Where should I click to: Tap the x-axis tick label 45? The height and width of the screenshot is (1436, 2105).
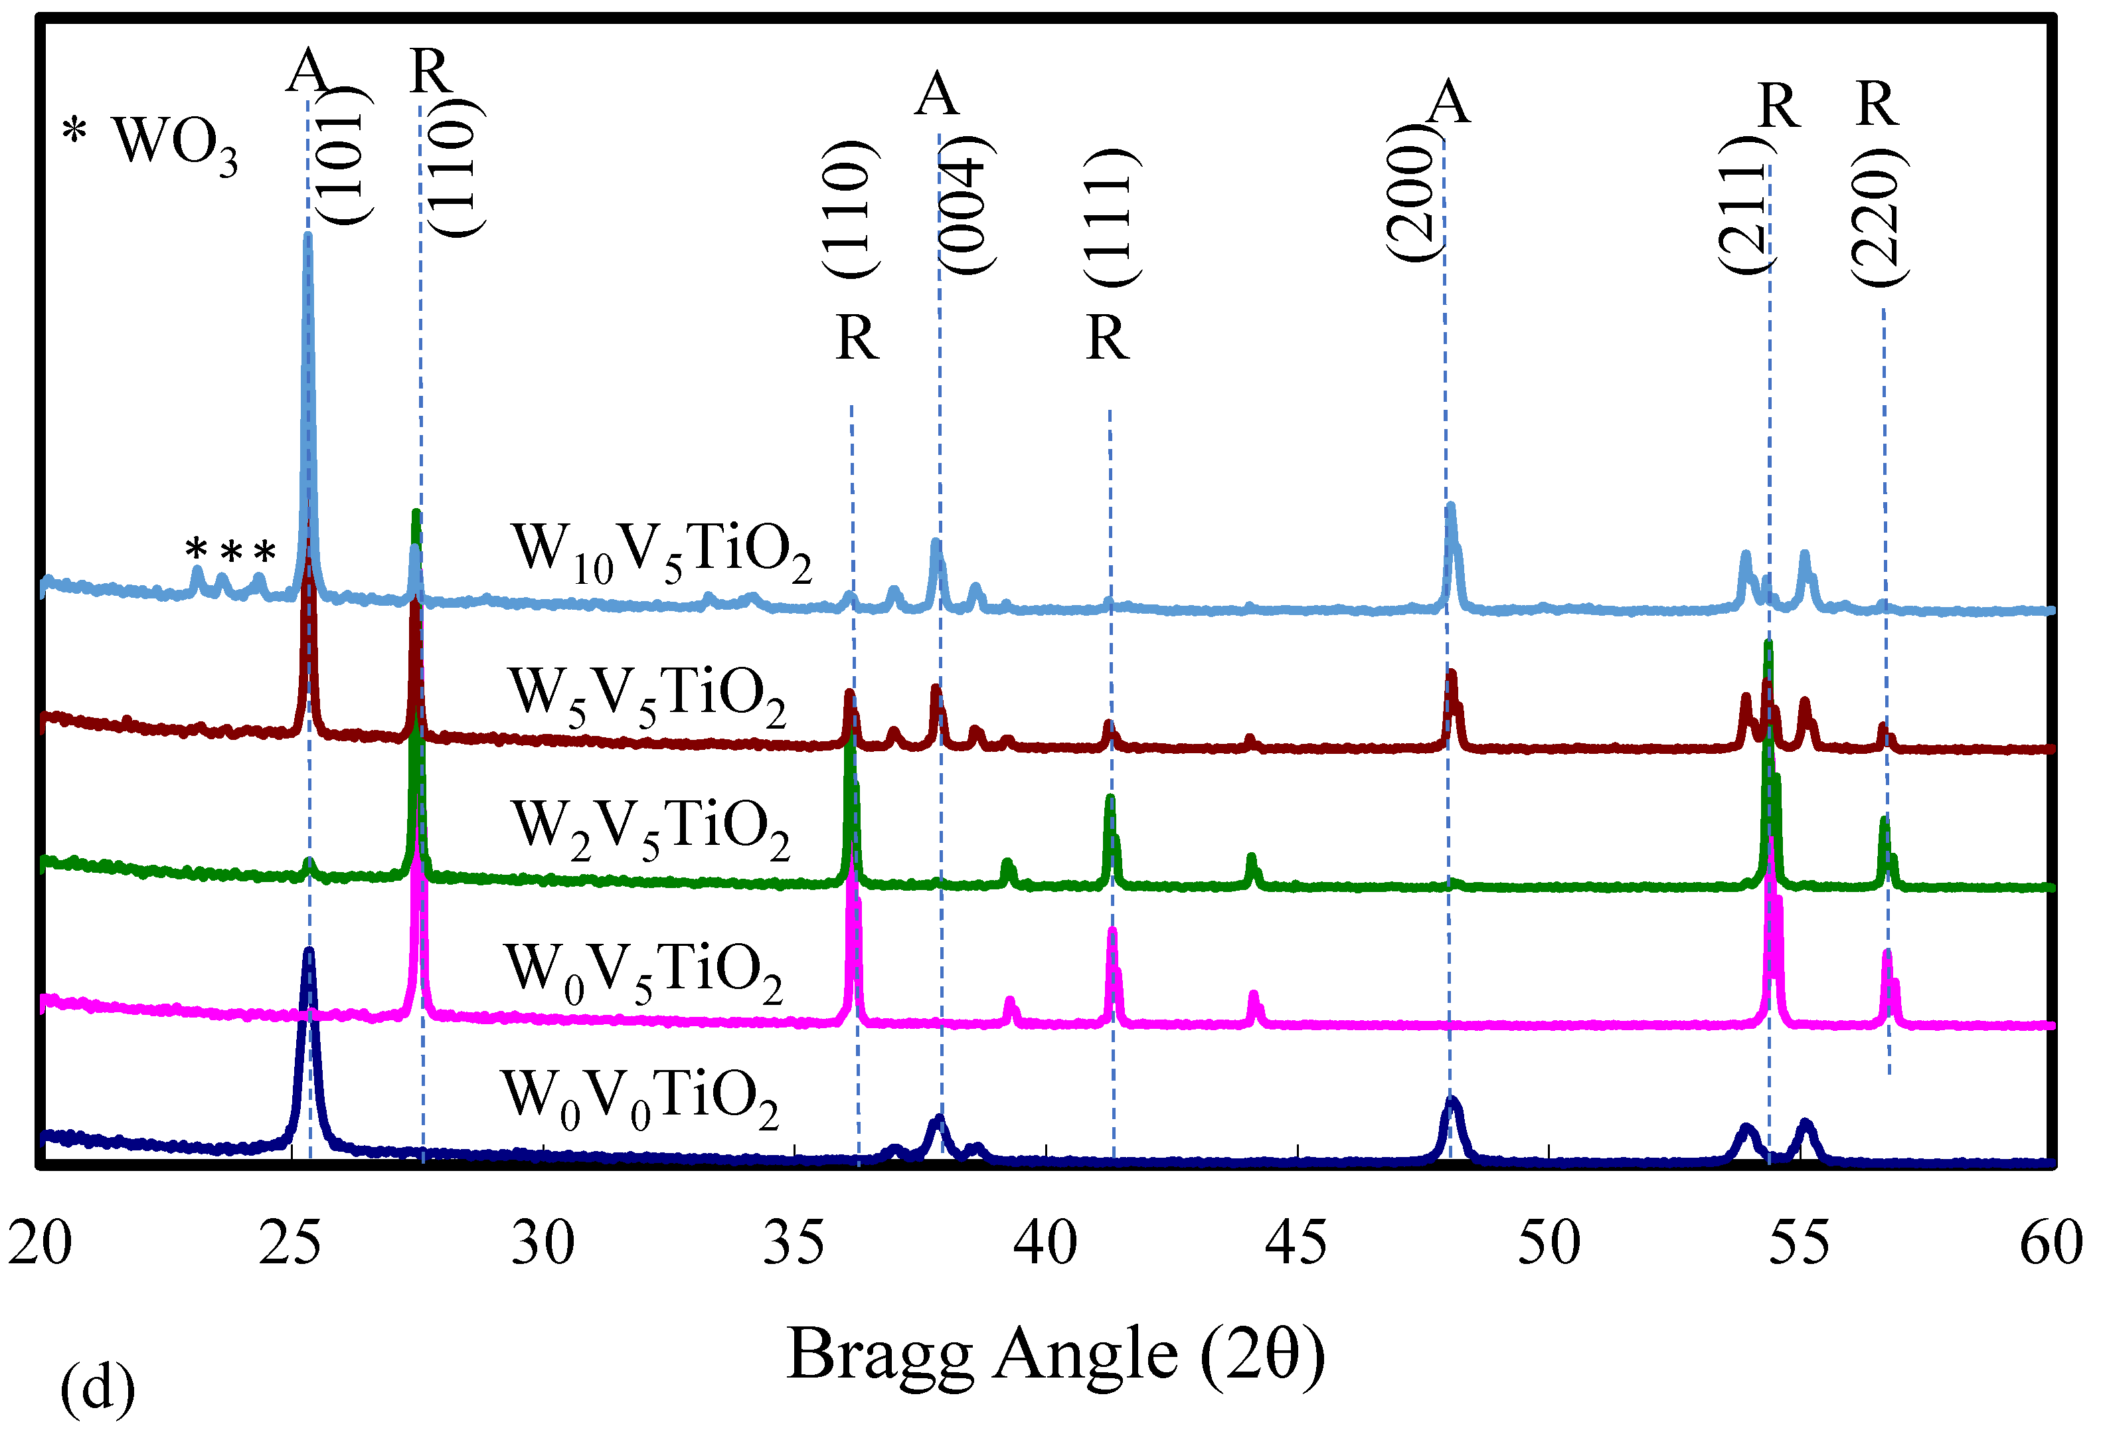[1296, 1243]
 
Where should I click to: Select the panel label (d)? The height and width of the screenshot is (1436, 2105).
[98, 1389]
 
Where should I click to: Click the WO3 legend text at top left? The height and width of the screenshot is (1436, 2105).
[174, 143]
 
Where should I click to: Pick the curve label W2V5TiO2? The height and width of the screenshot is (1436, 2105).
[650, 828]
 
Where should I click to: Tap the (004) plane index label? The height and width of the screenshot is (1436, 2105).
[966, 204]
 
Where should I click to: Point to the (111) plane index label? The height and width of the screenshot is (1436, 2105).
[1112, 217]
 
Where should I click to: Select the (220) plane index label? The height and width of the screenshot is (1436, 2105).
[1879, 217]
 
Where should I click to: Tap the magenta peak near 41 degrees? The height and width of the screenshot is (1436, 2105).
[1112, 933]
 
